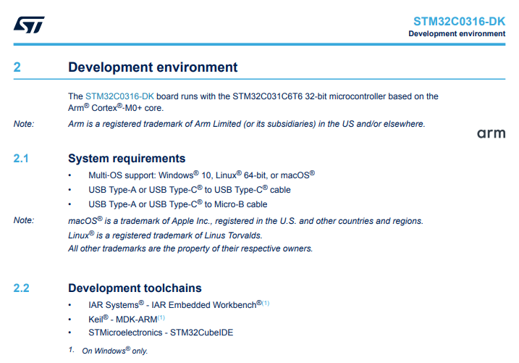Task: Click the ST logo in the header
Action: pos(29,25)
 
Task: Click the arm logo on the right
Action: pos(491,133)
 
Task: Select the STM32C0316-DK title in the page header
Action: pos(459,22)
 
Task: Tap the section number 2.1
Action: pos(21,159)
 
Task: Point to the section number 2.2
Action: pos(21,288)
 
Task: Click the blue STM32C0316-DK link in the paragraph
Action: pos(119,96)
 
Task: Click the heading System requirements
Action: pos(127,159)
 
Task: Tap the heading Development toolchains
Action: pos(135,288)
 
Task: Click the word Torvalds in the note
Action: pos(245,235)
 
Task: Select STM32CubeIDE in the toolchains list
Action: pos(201,333)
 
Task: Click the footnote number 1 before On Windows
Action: pos(71,350)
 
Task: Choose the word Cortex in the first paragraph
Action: pos(104,108)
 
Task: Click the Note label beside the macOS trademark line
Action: pos(24,220)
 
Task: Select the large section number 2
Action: pos(17,67)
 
